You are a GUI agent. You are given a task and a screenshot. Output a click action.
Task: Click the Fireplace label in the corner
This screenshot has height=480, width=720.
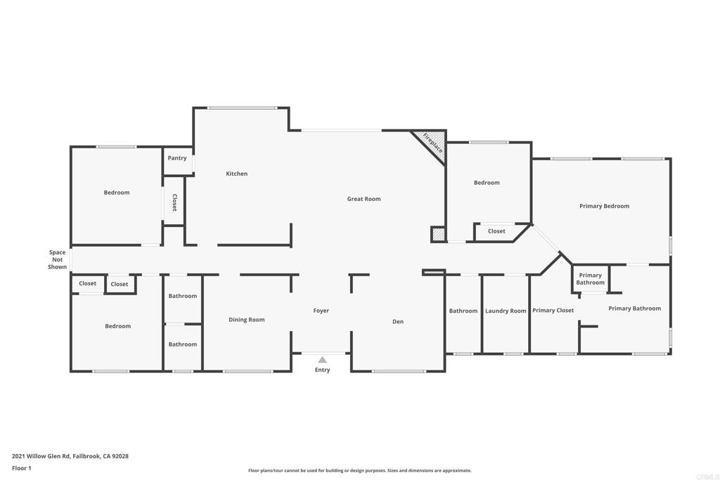click(x=432, y=143)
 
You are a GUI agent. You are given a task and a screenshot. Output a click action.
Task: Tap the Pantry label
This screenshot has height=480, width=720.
click(x=177, y=158)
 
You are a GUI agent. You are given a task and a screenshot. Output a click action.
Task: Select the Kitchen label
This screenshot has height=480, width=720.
click(x=236, y=174)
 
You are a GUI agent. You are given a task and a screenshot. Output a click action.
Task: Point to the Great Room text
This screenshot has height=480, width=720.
click(x=364, y=199)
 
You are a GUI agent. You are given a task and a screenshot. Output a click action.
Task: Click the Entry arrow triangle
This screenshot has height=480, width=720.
click(x=322, y=360)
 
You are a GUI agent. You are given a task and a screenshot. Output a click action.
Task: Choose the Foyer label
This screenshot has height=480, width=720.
click(x=321, y=311)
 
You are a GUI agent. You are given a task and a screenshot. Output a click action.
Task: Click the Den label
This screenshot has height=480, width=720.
click(x=398, y=322)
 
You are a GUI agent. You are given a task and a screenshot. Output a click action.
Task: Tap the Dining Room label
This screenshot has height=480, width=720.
click(x=247, y=320)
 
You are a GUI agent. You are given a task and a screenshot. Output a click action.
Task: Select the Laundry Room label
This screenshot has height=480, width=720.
click(x=506, y=311)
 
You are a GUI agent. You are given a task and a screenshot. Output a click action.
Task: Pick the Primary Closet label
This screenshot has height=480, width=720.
click(x=553, y=310)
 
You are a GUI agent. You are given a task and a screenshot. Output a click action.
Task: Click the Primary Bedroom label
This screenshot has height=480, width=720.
click(x=604, y=206)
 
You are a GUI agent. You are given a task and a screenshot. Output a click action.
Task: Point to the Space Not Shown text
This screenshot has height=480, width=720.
click(x=57, y=259)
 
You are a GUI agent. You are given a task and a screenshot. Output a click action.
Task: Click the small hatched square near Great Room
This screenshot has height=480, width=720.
click(x=438, y=235)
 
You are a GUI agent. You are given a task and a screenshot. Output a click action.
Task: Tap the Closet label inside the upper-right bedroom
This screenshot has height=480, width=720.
click(x=496, y=231)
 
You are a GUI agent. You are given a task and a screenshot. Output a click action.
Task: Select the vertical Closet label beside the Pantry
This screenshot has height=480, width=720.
click(x=174, y=203)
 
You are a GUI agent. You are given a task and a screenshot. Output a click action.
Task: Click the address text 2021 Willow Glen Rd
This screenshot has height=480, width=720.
click(x=70, y=456)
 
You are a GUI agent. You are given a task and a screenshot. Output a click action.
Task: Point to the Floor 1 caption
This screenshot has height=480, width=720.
click(x=21, y=468)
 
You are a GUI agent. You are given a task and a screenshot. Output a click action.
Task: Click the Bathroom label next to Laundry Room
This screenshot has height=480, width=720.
click(x=463, y=311)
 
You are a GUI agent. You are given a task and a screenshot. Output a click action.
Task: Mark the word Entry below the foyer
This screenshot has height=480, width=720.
click(x=322, y=370)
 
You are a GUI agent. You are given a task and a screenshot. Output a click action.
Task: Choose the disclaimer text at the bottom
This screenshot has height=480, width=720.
click(x=359, y=471)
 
